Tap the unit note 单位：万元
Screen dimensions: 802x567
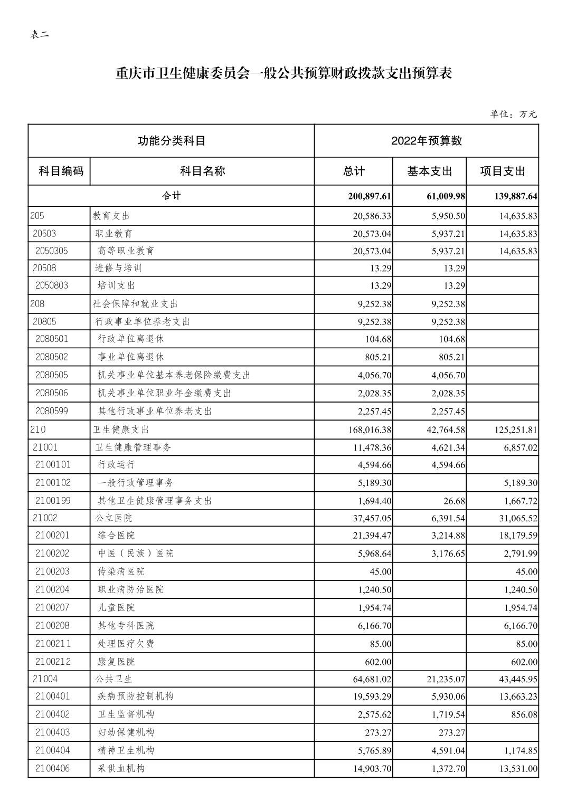coord(513,114)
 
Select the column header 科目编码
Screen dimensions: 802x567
coord(61,171)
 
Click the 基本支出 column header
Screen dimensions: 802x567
coord(429,171)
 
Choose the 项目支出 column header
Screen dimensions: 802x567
coord(502,171)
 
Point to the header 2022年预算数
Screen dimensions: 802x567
coord(426,140)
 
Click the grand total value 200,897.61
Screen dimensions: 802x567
coord(370,196)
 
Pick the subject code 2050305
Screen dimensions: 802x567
coord(52,251)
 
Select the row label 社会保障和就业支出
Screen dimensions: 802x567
coord(135,304)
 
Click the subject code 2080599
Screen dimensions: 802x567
coord(52,411)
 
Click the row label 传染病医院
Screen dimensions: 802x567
coord(121,571)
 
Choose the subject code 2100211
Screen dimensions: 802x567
coord(53,644)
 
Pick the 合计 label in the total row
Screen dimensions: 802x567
coord(171,196)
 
